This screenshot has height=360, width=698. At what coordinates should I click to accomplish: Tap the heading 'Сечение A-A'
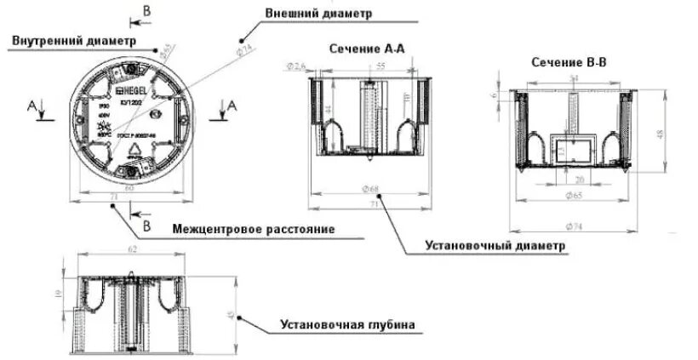pos(365,49)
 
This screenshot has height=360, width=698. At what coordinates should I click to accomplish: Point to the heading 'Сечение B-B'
pos(569,62)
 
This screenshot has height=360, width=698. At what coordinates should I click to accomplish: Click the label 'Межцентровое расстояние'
pos(252,230)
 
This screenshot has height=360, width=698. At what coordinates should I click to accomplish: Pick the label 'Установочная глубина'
pos(347,325)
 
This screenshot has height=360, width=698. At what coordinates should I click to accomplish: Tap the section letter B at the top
pos(146,11)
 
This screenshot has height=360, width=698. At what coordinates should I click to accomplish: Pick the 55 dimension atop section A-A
pos(380,66)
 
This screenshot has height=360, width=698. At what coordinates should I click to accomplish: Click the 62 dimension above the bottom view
pos(132,249)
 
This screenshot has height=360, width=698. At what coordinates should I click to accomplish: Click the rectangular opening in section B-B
pos(569,151)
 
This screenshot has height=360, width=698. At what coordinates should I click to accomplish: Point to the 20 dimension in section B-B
pos(579,180)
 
